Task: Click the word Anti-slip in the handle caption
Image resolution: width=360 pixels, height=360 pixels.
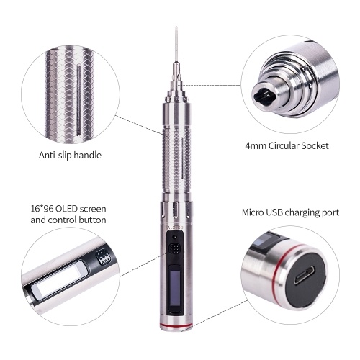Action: (x=55, y=155)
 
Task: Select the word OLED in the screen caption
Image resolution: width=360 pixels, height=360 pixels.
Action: (x=66, y=209)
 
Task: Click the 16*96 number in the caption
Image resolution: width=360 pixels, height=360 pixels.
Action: (x=42, y=209)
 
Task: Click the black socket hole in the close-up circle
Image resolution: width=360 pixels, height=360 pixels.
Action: (x=264, y=94)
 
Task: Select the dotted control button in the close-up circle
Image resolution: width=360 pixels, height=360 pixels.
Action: (x=103, y=258)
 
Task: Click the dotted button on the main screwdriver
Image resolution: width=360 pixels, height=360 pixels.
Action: (x=174, y=249)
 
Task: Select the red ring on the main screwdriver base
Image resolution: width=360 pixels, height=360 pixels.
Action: (x=176, y=325)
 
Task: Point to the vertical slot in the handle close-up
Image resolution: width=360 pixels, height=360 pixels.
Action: (x=78, y=99)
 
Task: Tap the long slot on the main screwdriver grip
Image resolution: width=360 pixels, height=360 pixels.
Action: (x=182, y=160)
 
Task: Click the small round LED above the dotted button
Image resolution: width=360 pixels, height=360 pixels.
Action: (x=174, y=237)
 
